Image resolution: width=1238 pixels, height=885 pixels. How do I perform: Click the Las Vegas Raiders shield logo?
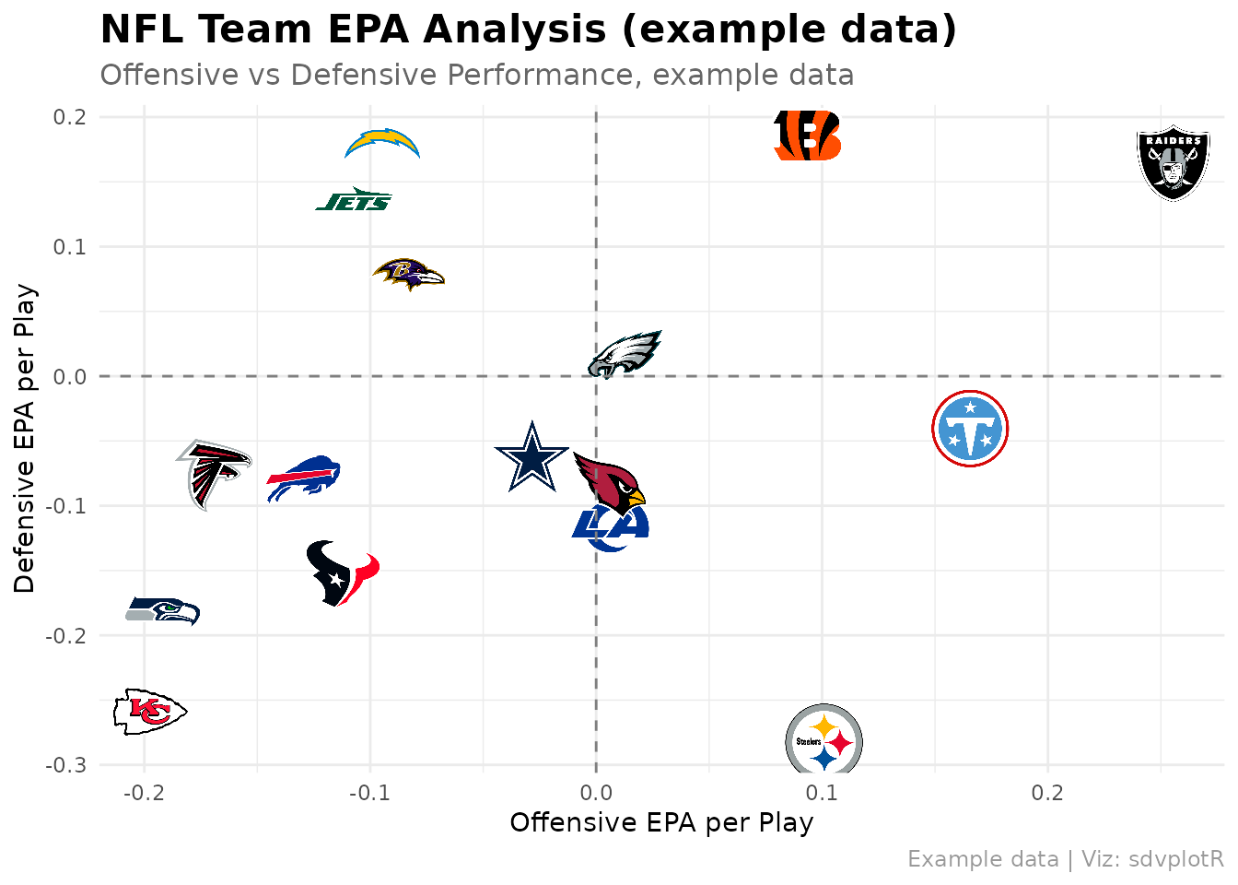(1173, 162)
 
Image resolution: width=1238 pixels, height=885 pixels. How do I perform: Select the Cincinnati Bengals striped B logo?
(808, 136)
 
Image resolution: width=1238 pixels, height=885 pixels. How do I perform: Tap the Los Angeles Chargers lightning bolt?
(382, 143)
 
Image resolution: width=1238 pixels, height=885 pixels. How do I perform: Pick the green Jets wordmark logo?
(354, 199)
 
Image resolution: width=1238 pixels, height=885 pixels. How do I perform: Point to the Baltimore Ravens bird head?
(409, 274)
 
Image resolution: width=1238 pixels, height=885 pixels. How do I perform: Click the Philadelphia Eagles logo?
(625, 355)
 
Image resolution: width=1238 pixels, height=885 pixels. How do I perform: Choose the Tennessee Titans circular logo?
(970, 429)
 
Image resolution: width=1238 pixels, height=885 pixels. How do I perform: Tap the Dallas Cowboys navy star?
(531, 457)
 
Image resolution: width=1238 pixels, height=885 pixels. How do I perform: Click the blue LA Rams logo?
(610, 527)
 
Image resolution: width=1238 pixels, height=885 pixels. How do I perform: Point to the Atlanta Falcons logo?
(214, 474)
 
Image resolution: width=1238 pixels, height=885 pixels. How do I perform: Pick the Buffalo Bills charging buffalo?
(303, 478)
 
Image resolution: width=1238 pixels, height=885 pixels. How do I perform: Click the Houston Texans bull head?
(343, 573)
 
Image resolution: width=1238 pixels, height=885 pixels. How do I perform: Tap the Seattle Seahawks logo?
(162, 611)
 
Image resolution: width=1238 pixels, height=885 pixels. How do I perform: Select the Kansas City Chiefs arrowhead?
(150, 712)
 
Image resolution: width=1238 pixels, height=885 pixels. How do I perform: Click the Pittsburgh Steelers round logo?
(823, 739)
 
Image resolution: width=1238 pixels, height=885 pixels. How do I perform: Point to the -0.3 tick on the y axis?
(66, 765)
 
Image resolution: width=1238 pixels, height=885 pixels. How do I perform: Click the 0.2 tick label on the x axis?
(1047, 793)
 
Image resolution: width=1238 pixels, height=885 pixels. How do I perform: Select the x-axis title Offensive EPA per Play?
(661, 823)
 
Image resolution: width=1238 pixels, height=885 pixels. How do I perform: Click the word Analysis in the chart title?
(515, 29)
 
